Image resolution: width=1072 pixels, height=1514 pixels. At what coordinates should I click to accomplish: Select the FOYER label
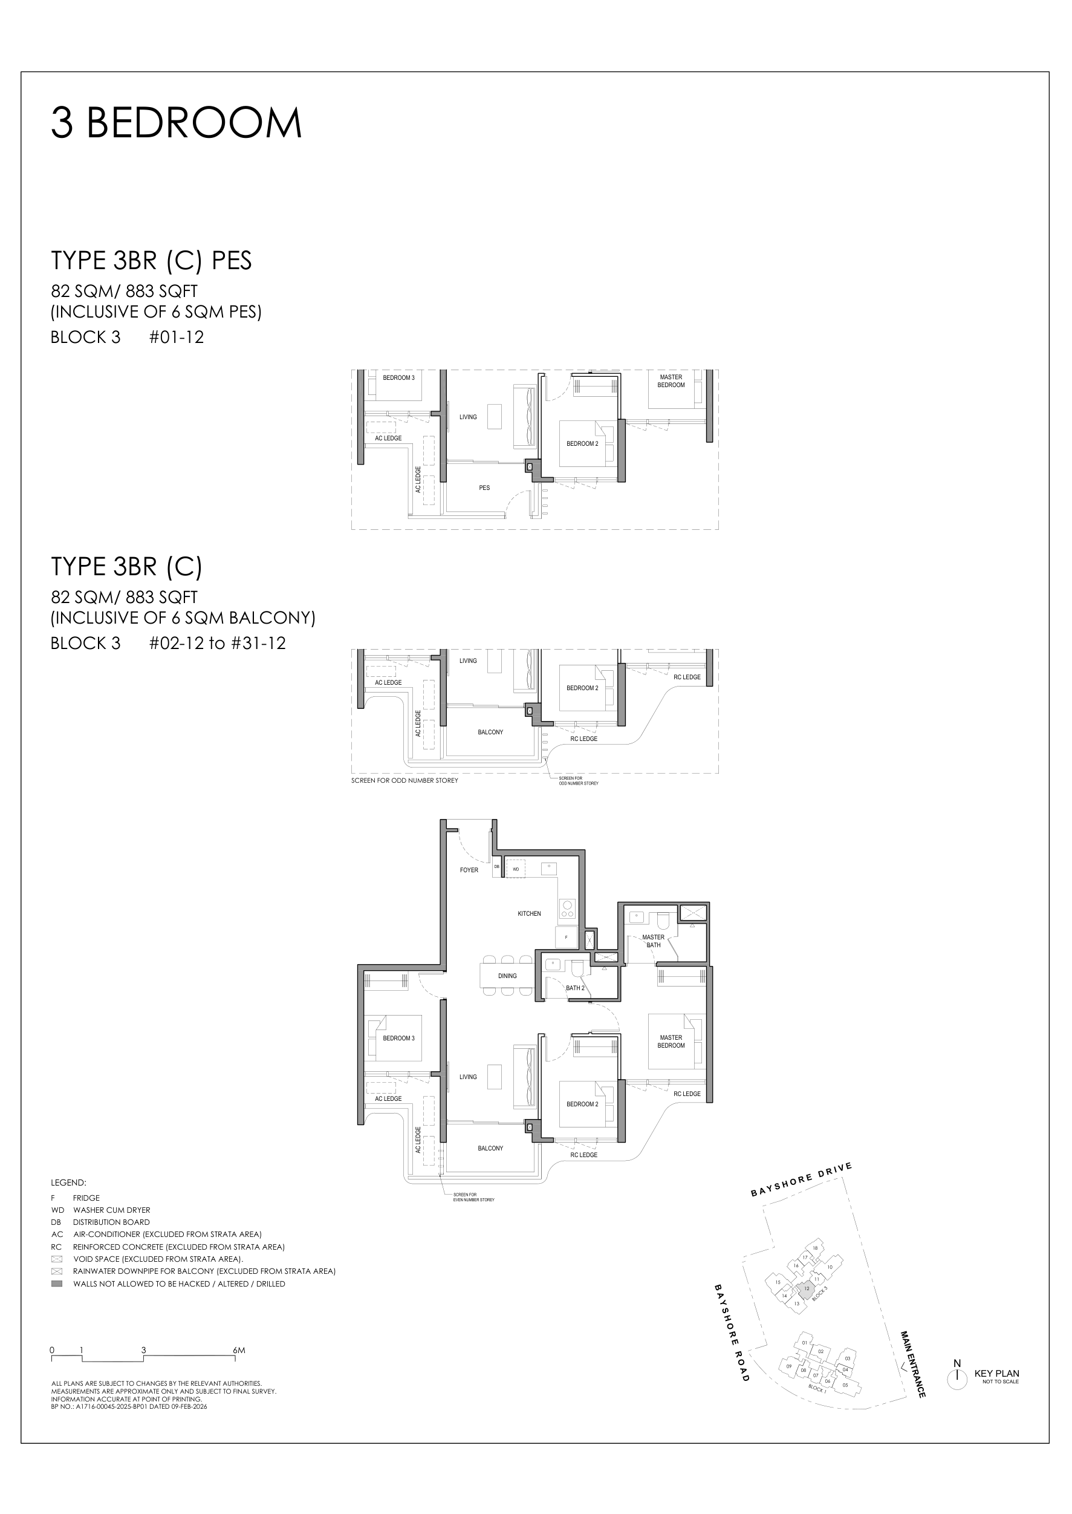tap(469, 870)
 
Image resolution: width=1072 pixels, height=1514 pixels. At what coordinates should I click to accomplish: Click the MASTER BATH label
tap(653, 941)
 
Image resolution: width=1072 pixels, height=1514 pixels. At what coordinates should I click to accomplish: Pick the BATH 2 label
tap(574, 988)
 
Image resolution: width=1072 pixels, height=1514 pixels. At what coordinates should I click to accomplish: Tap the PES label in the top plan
tap(484, 488)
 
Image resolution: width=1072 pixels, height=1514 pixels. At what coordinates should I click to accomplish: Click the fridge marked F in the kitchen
tap(566, 938)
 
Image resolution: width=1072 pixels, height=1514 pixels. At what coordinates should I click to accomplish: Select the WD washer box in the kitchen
tap(516, 869)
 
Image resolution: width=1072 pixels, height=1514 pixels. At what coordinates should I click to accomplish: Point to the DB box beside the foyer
tap(497, 866)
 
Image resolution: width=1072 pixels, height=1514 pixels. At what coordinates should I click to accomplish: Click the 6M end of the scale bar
tap(238, 1351)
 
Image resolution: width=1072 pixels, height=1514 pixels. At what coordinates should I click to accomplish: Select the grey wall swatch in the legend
tap(57, 1284)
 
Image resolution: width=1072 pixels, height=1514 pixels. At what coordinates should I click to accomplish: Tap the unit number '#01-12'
tap(176, 338)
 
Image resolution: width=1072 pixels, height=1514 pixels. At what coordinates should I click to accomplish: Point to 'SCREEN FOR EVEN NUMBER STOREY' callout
tap(473, 1197)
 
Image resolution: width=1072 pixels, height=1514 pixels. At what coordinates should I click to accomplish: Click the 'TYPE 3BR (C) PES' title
tap(151, 261)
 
